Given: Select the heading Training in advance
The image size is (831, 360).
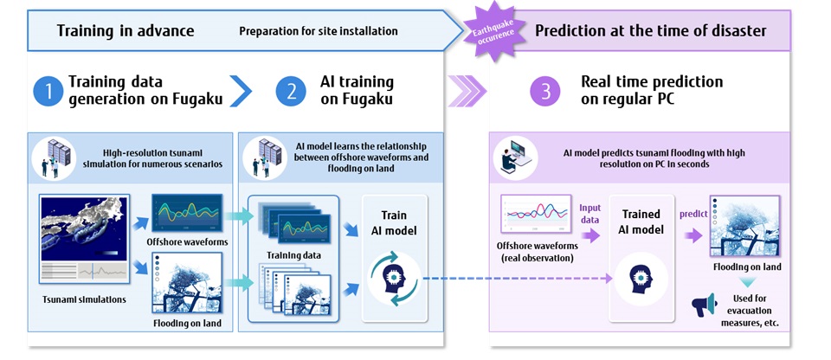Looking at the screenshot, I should (126, 31).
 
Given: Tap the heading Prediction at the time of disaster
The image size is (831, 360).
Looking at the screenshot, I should (650, 31).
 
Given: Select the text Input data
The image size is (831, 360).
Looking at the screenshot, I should (590, 212).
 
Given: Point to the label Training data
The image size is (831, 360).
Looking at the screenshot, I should (293, 255).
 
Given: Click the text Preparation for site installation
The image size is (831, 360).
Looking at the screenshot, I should (319, 31).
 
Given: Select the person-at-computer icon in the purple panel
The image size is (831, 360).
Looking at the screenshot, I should (511, 158).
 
